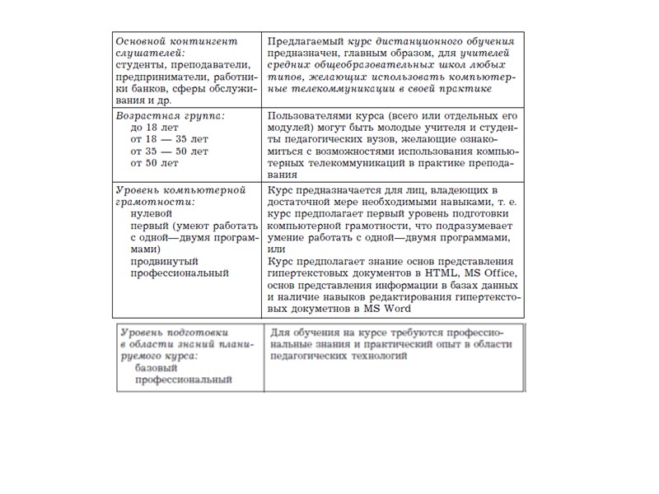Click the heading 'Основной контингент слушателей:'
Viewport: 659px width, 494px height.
(x=175, y=47)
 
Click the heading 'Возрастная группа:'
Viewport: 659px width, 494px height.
(x=170, y=116)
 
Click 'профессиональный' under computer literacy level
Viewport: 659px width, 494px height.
(x=180, y=273)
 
